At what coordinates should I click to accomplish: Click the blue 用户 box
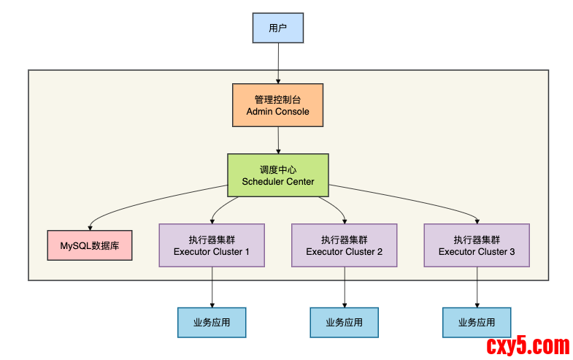(x=277, y=28)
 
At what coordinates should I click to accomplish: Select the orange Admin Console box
(x=277, y=105)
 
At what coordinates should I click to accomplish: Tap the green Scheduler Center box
(x=277, y=175)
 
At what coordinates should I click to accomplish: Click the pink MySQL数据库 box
(x=90, y=246)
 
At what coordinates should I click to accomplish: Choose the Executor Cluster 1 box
(x=212, y=245)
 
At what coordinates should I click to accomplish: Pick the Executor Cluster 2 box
(x=345, y=245)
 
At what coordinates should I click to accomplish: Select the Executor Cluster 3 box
(x=477, y=245)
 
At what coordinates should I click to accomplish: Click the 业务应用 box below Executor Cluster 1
(x=212, y=322)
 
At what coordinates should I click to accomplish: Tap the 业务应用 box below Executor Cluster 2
(x=345, y=322)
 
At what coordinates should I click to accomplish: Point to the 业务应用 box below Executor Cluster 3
(x=477, y=322)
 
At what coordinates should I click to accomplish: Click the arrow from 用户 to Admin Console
(x=277, y=63)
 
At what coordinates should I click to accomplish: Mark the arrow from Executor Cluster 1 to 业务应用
(x=212, y=286)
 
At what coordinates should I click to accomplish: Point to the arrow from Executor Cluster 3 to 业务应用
(x=477, y=286)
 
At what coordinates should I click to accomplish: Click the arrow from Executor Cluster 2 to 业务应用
(x=345, y=286)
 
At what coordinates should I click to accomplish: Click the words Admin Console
(x=277, y=112)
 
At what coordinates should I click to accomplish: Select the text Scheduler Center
(x=277, y=181)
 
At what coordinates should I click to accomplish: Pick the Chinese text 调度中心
(x=277, y=169)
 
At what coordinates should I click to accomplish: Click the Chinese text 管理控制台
(x=277, y=99)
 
